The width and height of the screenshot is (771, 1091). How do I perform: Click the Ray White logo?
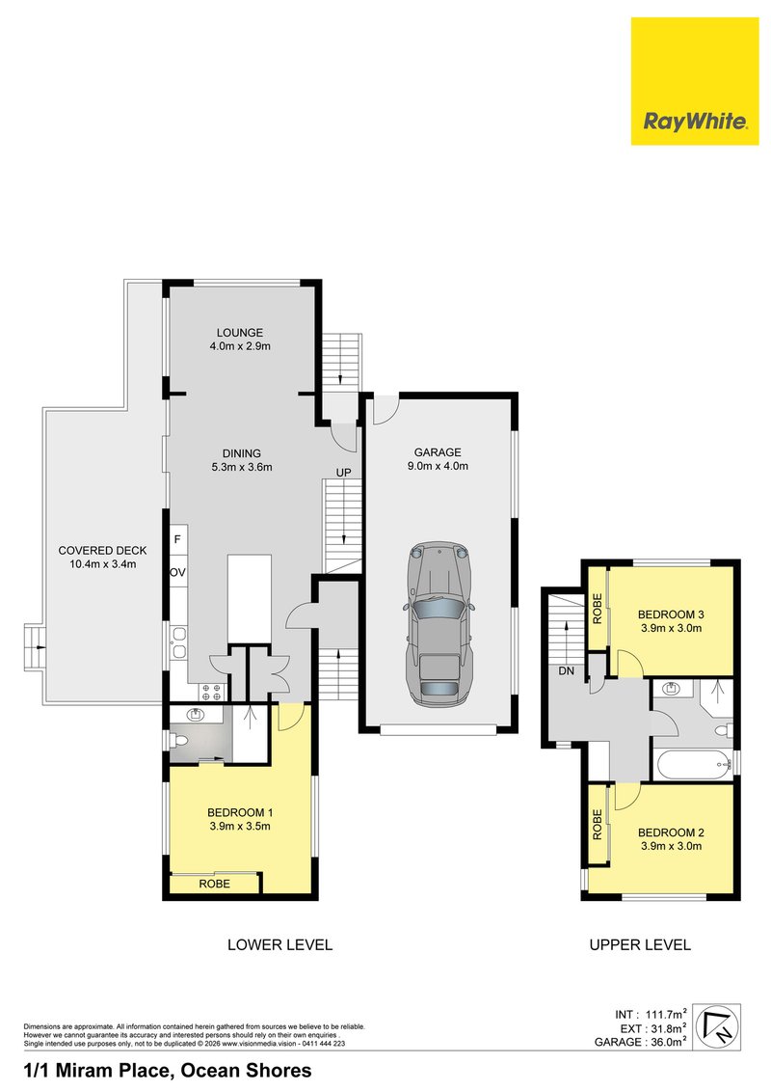pyautogui.click(x=695, y=81)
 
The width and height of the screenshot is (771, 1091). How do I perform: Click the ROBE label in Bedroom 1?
pyautogui.click(x=215, y=884)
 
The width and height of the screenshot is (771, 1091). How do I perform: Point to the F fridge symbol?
pyautogui.click(x=178, y=538)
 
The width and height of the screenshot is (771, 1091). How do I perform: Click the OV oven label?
pyautogui.click(x=178, y=572)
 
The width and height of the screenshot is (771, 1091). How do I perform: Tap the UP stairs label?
pyautogui.click(x=343, y=472)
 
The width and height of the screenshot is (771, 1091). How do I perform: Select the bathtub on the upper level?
pyautogui.click(x=692, y=766)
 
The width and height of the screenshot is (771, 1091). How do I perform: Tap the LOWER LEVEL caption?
pyautogui.click(x=279, y=945)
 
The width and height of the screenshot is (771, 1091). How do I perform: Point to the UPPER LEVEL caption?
pyautogui.click(x=640, y=945)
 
